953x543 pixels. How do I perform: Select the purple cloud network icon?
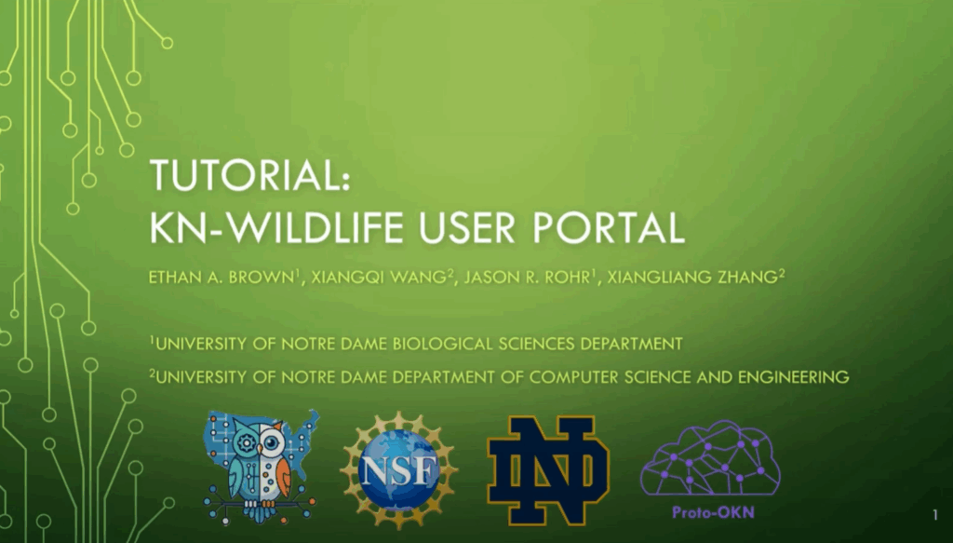coord(709,458)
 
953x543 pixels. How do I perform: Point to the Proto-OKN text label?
coord(710,511)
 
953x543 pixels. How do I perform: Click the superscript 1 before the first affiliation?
coord(152,340)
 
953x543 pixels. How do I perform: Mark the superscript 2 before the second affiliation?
coord(152,373)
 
